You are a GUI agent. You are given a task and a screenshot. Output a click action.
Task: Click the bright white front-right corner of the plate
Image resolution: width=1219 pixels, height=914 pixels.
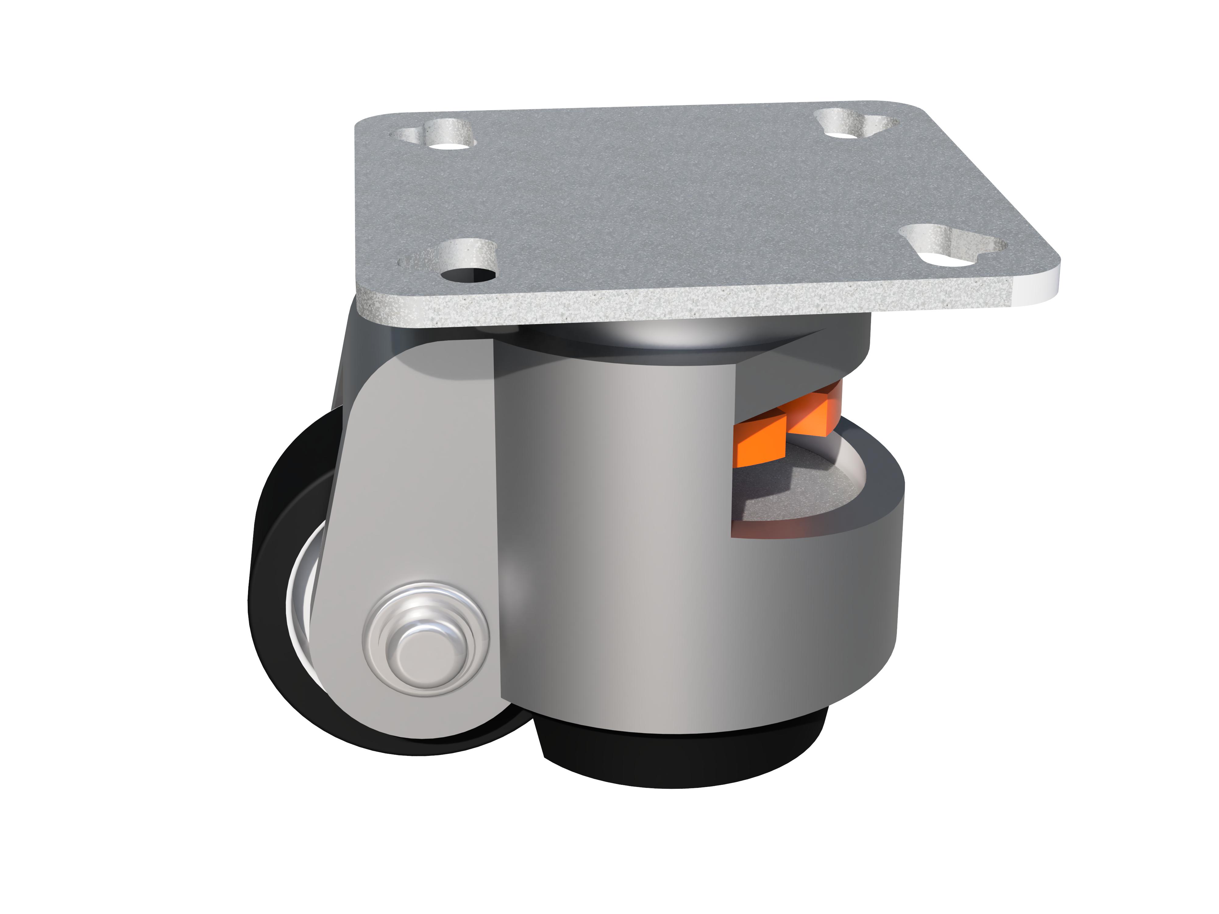1025,286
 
